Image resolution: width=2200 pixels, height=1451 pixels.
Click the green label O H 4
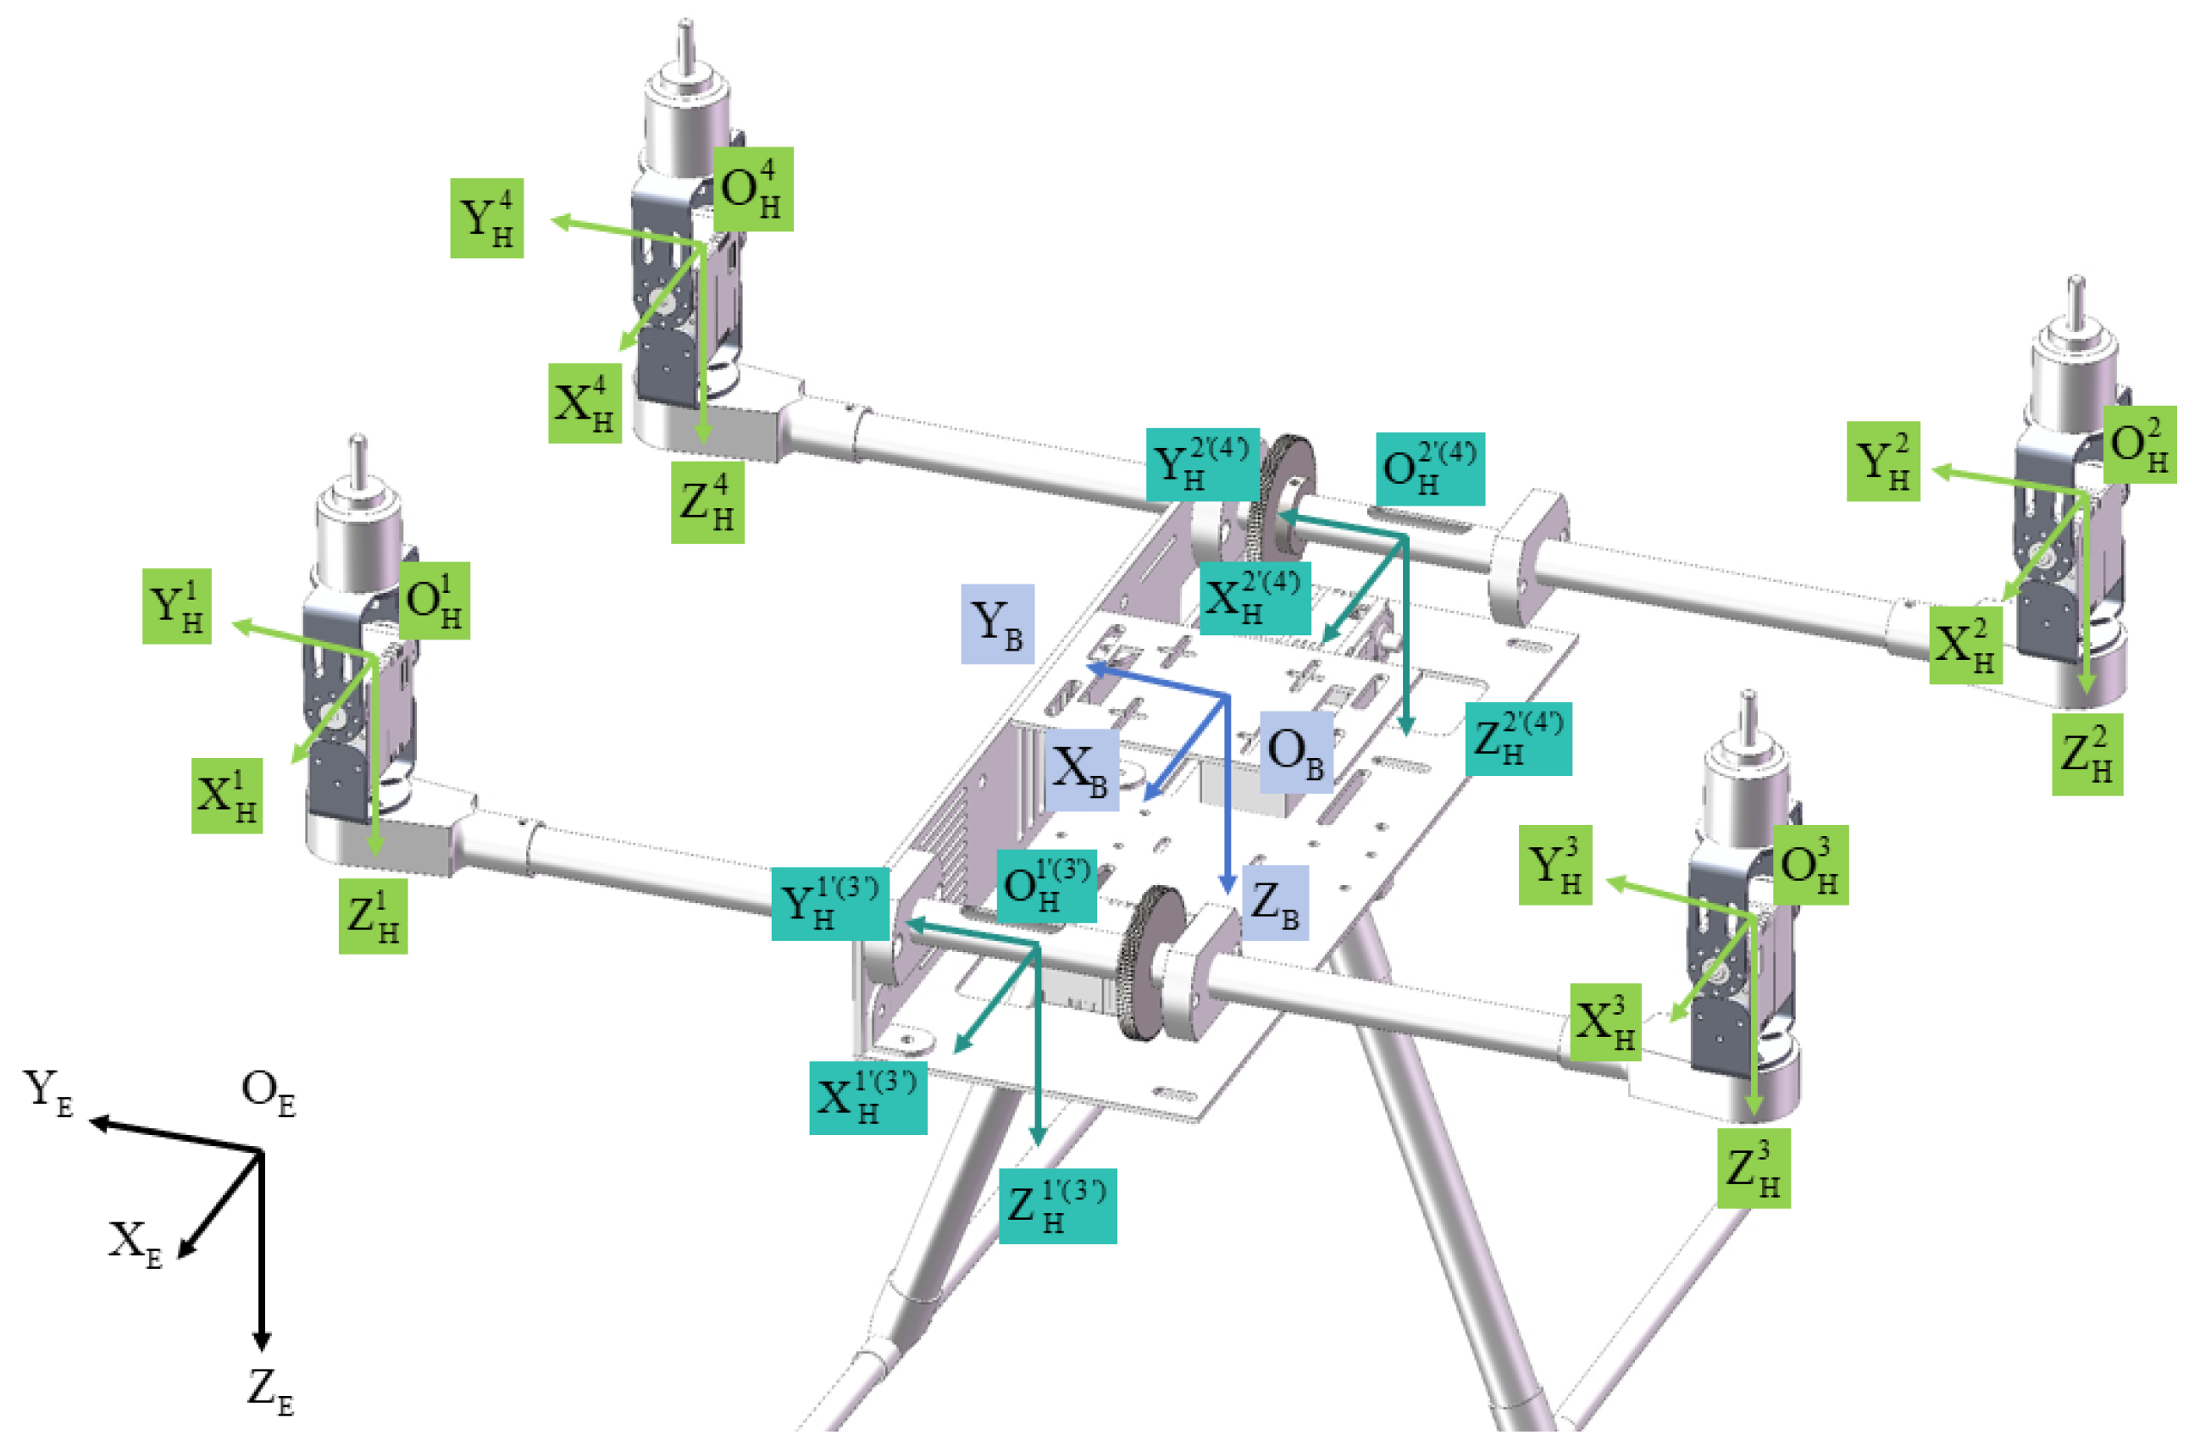click(x=753, y=189)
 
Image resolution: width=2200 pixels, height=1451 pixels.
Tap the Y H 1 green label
click(x=177, y=606)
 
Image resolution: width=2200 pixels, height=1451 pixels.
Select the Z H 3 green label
click(x=1754, y=1168)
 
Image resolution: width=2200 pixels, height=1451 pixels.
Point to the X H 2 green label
click(x=1966, y=645)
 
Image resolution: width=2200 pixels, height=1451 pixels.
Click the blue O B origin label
click(x=1296, y=751)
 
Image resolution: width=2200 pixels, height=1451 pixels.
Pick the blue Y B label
click(x=997, y=623)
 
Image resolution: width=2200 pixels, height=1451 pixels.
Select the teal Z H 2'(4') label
click(x=1518, y=739)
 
